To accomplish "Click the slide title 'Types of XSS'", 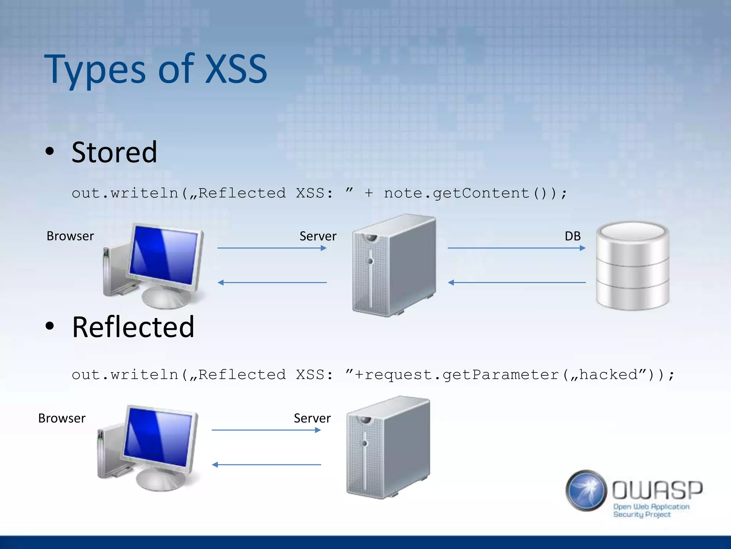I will point(156,69).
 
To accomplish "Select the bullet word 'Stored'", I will point(114,152).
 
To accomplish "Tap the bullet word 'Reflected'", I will point(133,327).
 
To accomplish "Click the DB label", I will point(573,236).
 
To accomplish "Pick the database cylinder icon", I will point(632,265).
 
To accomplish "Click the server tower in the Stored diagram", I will point(394,265).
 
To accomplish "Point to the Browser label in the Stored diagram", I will point(70,236).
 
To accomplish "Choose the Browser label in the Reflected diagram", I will point(62,418).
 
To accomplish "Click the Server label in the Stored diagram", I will point(318,236).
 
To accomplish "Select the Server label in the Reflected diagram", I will point(312,418).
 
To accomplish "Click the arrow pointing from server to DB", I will point(516,248).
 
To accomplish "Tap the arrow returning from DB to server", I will point(516,282).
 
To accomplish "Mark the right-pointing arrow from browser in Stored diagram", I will point(272,248).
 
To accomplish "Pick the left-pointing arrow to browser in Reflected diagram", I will point(266,465).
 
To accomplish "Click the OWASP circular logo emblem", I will point(586,490).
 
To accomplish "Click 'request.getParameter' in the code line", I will point(462,375).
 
